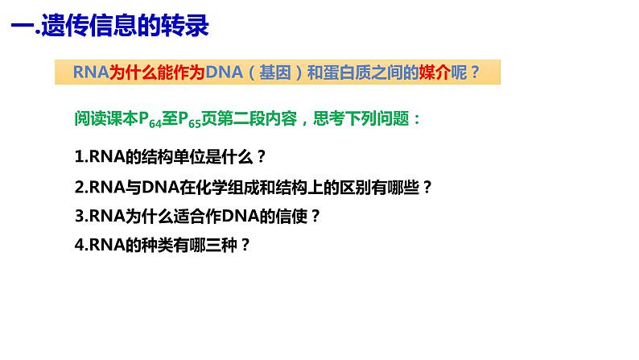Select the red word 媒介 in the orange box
[x=434, y=72]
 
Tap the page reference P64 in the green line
[x=142, y=119]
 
